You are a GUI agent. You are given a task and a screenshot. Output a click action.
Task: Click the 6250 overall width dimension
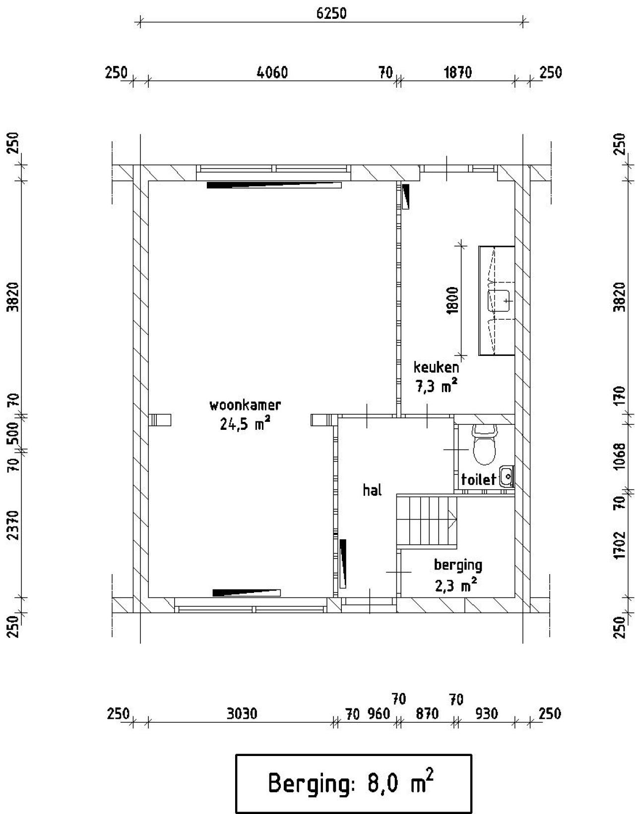pos(331,13)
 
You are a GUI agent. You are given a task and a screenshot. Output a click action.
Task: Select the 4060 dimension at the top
pos(272,72)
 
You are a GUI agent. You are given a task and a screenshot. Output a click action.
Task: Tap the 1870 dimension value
pos(458,72)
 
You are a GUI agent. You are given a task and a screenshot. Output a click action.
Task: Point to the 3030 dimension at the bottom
pos(242,713)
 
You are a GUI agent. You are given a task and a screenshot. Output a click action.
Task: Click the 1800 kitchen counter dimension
pos(453,300)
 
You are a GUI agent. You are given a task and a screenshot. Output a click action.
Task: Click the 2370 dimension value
pos(13,524)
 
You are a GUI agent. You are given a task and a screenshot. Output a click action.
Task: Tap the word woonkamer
pos(245,406)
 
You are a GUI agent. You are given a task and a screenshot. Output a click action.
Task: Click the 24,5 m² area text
pos(245,424)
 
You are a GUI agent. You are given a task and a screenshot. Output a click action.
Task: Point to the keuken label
pos(436,367)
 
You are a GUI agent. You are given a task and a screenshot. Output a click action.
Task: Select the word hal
pos(372,490)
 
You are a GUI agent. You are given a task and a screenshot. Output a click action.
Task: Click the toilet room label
pos(479,479)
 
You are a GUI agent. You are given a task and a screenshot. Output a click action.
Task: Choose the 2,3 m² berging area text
pos(456,585)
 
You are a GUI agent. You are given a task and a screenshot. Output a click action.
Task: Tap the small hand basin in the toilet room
pos(507,476)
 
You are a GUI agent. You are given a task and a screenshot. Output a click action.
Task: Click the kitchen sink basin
pos(499,301)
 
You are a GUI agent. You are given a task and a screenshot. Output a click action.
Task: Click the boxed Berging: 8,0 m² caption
pos(353,783)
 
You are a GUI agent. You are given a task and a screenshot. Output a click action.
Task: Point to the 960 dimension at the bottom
pos(379,714)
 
